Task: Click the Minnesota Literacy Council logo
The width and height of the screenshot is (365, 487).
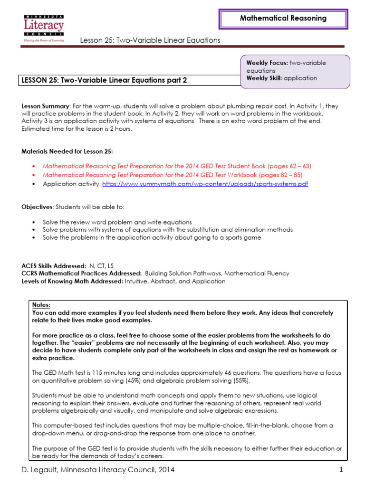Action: tap(44, 28)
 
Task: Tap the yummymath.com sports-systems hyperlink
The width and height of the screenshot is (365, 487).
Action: tap(205, 184)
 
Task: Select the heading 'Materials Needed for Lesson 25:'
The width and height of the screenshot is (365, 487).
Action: tap(67, 151)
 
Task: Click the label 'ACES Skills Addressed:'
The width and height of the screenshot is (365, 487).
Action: tap(54, 266)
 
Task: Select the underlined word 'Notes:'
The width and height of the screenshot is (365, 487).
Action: tap(41, 305)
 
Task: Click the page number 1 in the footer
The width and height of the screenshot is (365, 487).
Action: tap(341, 470)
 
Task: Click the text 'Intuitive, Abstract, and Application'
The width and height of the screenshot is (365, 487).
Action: tap(175, 281)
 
